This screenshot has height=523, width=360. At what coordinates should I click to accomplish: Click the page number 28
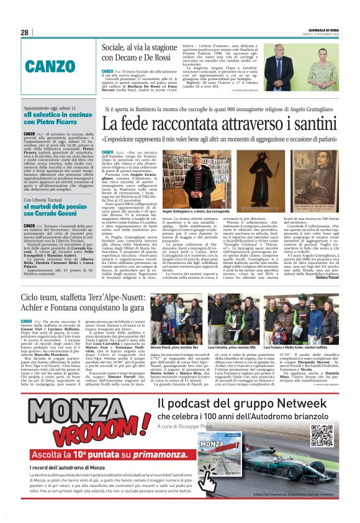coord(25,32)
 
